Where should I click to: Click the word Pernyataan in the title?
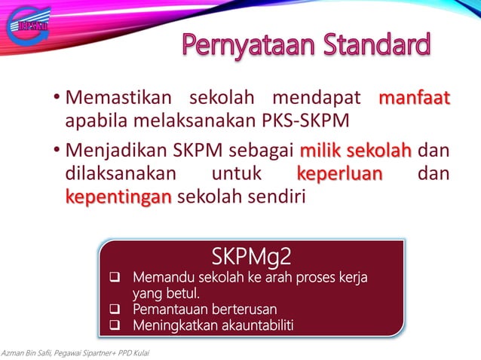247,47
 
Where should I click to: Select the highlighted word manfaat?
414,99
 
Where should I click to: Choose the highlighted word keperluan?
339,174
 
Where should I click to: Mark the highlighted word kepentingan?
119,198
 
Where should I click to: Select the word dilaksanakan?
121,174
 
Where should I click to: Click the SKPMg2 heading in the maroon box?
251,258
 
